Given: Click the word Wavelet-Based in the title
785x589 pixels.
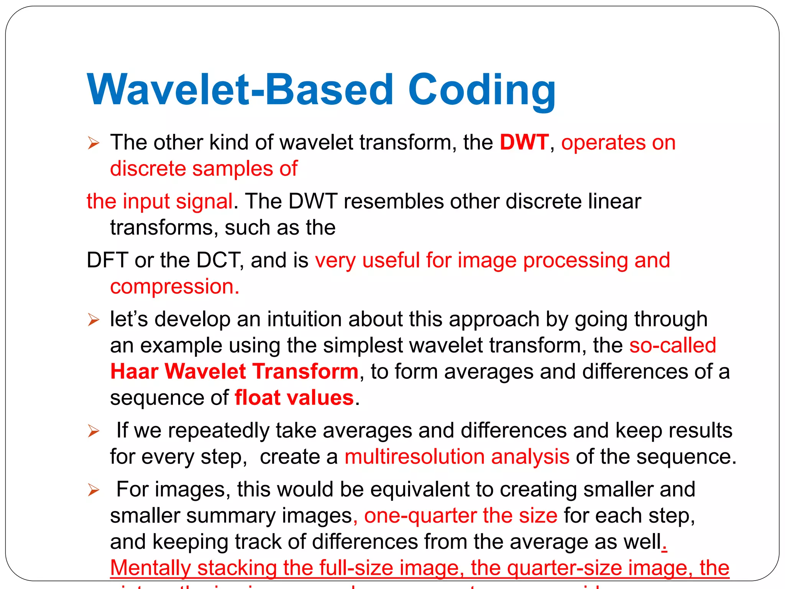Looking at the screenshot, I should tap(240, 90).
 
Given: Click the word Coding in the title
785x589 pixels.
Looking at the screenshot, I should tap(481, 91).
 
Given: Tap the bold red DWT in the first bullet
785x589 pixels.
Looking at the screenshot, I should tap(524, 143).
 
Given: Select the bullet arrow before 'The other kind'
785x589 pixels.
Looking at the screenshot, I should tap(94, 143).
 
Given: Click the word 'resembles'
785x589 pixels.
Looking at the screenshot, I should tap(393, 201).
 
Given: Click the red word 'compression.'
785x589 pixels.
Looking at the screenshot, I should tap(174, 287).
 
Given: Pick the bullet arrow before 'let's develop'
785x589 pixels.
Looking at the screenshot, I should tap(94, 320).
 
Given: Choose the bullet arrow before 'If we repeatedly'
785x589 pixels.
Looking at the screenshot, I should tap(94, 431).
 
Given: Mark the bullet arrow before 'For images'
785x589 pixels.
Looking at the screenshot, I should tap(94, 490).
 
